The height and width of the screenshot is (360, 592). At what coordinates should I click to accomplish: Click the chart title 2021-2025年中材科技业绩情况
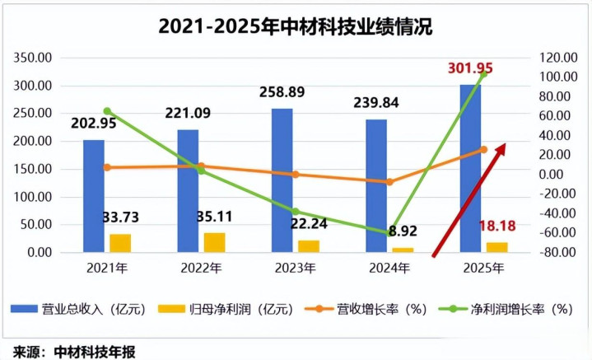(x=296, y=26)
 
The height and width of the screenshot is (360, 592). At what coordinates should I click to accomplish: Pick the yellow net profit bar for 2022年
(x=214, y=242)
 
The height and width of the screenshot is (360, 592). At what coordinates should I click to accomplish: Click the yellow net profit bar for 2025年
(x=496, y=246)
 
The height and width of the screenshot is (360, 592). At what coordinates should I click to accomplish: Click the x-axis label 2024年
(x=389, y=269)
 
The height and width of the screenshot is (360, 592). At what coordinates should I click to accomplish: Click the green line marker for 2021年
(x=107, y=111)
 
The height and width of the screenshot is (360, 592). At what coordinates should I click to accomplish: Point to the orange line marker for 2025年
(x=484, y=149)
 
